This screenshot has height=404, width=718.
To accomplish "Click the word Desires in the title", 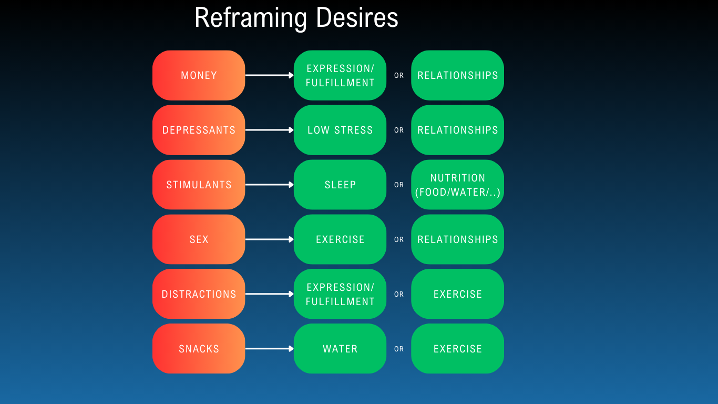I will pyautogui.click(x=357, y=18).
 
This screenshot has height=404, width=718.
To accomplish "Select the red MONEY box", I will pyautogui.click(x=199, y=75).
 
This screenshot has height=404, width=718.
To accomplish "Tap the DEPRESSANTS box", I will pyautogui.click(x=199, y=130).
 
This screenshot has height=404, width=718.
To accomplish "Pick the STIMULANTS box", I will pyautogui.click(x=199, y=185).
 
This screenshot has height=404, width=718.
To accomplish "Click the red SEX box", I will pyautogui.click(x=199, y=239).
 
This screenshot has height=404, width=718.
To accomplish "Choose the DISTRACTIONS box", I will pyautogui.click(x=199, y=294).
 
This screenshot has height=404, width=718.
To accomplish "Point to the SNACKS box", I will pyautogui.click(x=199, y=349).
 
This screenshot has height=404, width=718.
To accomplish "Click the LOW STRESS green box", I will pyautogui.click(x=340, y=130).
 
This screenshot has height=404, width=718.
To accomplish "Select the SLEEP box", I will pyautogui.click(x=340, y=185).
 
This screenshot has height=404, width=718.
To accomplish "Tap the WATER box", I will pyautogui.click(x=340, y=349).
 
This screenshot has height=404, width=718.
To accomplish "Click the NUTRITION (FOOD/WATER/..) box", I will pyautogui.click(x=457, y=185).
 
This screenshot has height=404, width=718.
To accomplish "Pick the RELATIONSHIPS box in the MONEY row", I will pyautogui.click(x=457, y=75).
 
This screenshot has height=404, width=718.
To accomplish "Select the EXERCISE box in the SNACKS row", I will pyautogui.click(x=457, y=349).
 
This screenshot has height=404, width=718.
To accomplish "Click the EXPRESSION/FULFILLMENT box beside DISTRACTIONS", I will pyautogui.click(x=340, y=294).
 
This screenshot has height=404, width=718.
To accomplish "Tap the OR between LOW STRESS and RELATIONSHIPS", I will pyautogui.click(x=399, y=130).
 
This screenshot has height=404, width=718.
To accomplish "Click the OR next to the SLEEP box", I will pyautogui.click(x=399, y=185).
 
